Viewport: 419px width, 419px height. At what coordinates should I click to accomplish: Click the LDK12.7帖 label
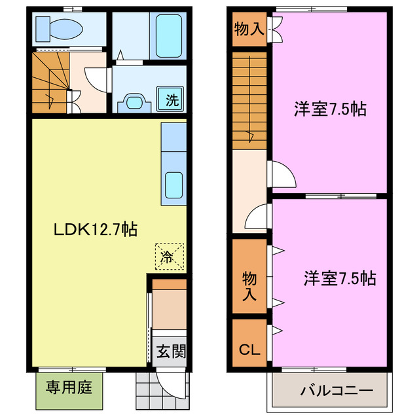(95, 230)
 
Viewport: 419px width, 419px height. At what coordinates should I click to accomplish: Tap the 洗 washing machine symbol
(172, 100)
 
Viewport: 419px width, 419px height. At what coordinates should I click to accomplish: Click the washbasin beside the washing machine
(136, 102)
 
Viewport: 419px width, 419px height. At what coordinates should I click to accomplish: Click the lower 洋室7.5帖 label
(339, 278)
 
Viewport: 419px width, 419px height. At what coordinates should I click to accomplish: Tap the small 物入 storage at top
(249, 29)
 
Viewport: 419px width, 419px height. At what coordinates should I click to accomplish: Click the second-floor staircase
(249, 101)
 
